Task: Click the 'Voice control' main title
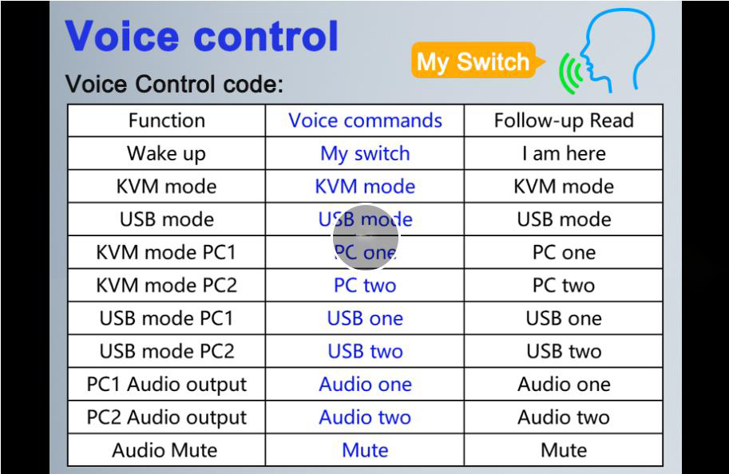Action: pos(202,37)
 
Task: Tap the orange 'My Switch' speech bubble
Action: pos(473,62)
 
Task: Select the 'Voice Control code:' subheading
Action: pos(174,84)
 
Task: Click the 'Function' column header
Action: pos(166,120)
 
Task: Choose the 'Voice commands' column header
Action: pos(365,120)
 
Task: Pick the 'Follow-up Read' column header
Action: pos(563,120)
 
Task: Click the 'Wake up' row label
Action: pos(166,153)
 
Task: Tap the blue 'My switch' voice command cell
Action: pos(365,153)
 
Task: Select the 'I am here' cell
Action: pos(563,153)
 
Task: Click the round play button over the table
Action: pos(365,237)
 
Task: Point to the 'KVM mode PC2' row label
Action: pos(166,285)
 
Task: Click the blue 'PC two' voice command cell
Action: pos(365,285)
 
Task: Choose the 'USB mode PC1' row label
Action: pos(166,318)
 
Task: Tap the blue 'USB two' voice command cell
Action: pos(365,351)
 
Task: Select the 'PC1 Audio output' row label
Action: pos(166,384)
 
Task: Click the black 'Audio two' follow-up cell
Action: pos(563,417)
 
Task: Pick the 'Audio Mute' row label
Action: pos(166,450)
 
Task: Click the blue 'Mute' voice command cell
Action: pos(365,450)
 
